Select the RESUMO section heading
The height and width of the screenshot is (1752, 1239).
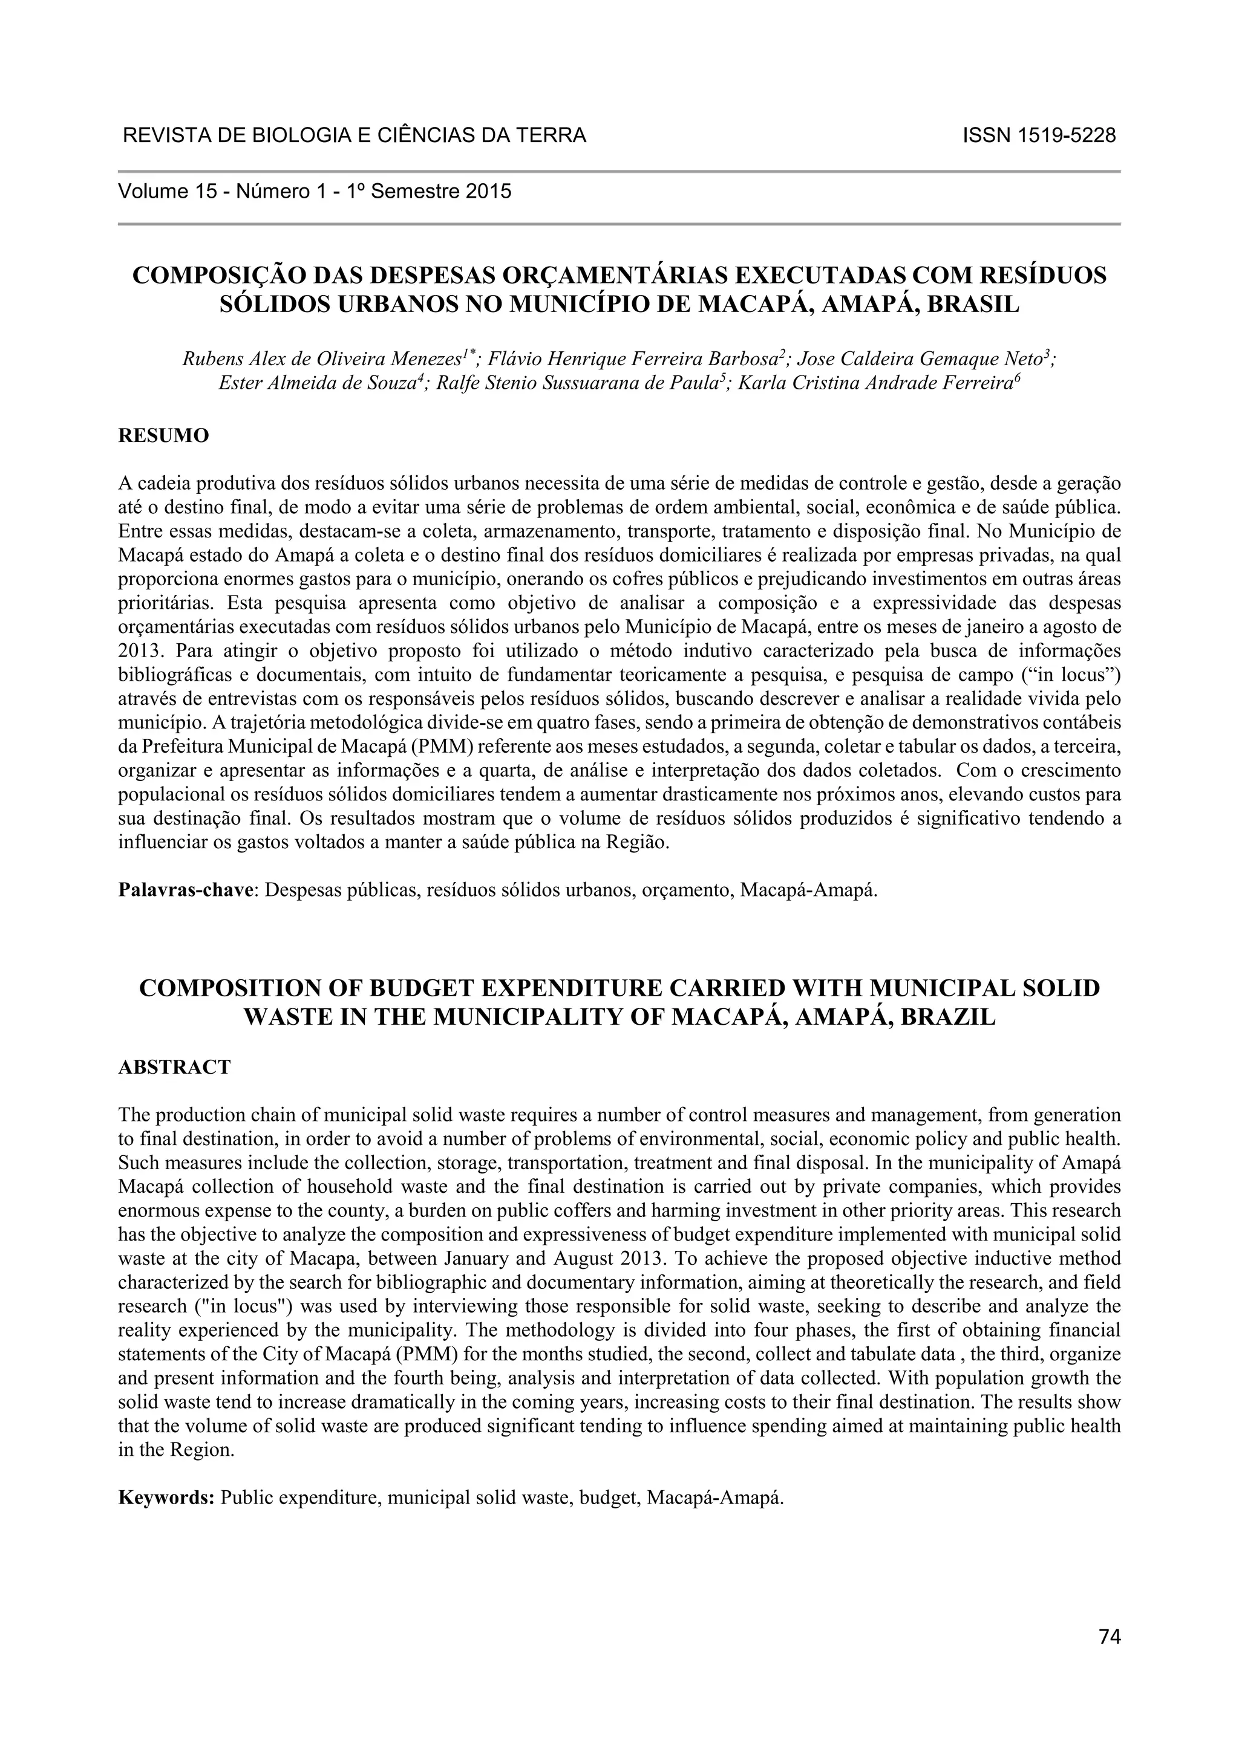click(x=163, y=436)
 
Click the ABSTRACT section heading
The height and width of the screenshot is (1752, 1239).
click(x=174, y=1067)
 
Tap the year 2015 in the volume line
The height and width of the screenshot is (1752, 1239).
click(x=487, y=191)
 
